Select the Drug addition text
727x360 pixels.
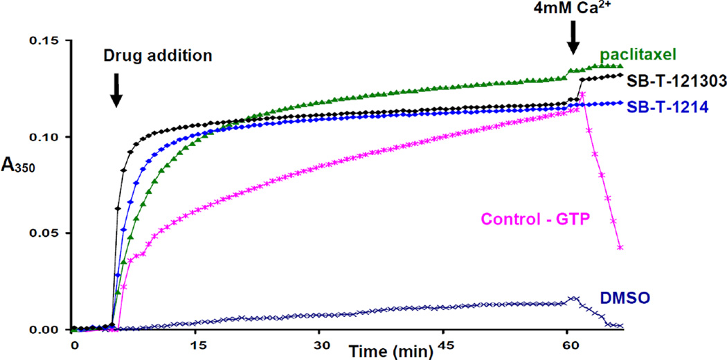tap(157, 55)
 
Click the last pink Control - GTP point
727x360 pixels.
tap(620, 247)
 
